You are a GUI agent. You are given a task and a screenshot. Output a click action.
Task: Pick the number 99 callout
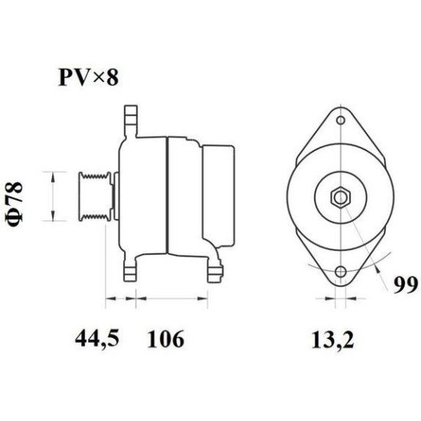[x=404, y=286]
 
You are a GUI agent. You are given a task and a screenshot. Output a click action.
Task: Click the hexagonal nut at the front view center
[x=339, y=197]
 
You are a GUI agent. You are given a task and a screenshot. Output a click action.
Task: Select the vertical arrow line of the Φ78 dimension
[x=51, y=196]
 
